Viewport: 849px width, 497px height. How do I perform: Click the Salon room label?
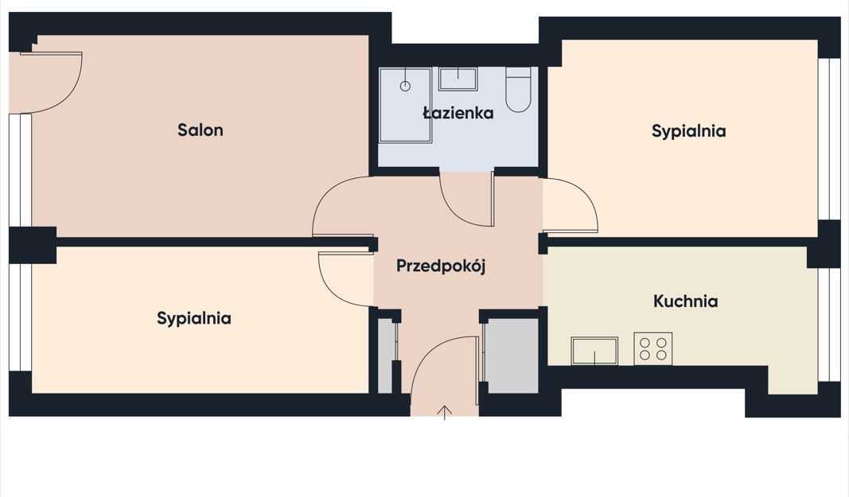pyautogui.click(x=201, y=130)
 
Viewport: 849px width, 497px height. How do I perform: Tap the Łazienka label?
pyautogui.click(x=458, y=113)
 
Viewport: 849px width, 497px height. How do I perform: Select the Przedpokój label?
pyautogui.click(x=441, y=266)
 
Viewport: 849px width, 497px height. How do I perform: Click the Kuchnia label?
pyautogui.click(x=685, y=301)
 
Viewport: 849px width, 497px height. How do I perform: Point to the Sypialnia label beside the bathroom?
pyautogui.click(x=689, y=131)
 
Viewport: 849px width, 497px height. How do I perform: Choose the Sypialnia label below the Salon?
pyautogui.click(x=194, y=318)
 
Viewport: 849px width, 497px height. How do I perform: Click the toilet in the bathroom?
pyautogui.click(x=518, y=90)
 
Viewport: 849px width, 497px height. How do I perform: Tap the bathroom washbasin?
pyautogui.click(x=458, y=79)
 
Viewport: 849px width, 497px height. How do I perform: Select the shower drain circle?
pyautogui.click(x=405, y=86)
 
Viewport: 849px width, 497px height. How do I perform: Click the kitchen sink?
pyautogui.click(x=594, y=351)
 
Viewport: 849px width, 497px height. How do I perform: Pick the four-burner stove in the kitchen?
pyautogui.click(x=653, y=348)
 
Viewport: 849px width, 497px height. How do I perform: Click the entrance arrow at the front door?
pyautogui.click(x=445, y=412)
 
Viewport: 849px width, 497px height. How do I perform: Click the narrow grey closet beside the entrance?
pyautogui.click(x=385, y=355)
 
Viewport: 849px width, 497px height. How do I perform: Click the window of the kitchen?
pyautogui.click(x=828, y=324)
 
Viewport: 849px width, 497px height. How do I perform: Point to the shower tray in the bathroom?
pyautogui.click(x=405, y=105)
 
